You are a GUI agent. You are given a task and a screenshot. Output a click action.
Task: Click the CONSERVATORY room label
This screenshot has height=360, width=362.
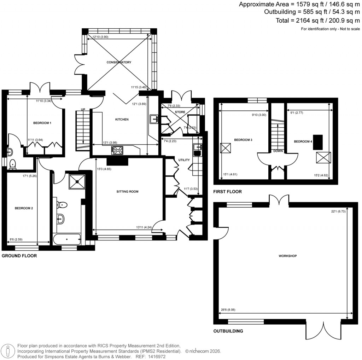[119, 62]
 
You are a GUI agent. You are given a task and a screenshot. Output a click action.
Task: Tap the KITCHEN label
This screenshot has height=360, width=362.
[122, 120]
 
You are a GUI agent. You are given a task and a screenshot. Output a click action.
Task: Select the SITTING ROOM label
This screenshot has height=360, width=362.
[127, 192]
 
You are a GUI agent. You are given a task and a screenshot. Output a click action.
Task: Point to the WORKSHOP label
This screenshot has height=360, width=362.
[287, 256]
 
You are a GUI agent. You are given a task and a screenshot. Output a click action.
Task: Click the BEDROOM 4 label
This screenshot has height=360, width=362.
[303, 141]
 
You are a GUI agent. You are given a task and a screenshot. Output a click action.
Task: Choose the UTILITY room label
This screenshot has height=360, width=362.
[184, 160]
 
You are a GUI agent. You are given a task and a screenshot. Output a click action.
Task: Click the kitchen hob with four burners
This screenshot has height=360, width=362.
[117, 150]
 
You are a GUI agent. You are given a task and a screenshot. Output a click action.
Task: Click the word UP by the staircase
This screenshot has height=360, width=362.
[83, 109]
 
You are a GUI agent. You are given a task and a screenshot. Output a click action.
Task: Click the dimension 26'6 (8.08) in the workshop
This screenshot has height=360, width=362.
[228, 310]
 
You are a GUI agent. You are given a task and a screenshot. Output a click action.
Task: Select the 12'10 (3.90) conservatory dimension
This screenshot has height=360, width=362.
[100, 37]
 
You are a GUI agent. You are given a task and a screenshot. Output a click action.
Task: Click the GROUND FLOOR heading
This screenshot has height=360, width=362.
[19, 255]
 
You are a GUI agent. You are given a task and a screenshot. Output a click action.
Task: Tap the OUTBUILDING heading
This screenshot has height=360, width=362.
[228, 331]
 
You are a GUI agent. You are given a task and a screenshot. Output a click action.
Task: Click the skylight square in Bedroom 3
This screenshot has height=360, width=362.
[225, 148]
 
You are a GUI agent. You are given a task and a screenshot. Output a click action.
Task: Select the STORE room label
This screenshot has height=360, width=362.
[180, 112]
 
